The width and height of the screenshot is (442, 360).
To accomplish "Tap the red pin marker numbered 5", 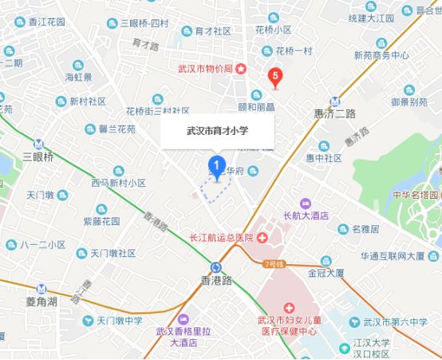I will tap(276, 77).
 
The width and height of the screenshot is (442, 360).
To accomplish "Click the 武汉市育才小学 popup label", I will tap(218, 133).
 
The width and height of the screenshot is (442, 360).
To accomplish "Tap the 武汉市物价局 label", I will tap(204, 69).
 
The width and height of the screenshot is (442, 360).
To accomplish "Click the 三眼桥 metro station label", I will tap(38, 156).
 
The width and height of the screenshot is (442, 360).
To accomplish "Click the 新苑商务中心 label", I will tap(381, 56).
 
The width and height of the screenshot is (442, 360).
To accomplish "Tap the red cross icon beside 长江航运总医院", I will tap(262, 238).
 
